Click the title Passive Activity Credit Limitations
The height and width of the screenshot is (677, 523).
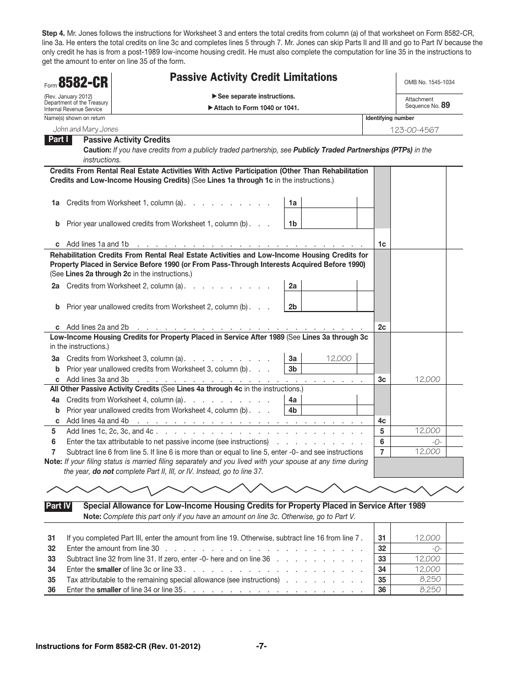click(x=253, y=78)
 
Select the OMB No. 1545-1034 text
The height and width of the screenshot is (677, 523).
click(x=429, y=83)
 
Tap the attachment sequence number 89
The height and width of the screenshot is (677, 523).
click(x=445, y=105)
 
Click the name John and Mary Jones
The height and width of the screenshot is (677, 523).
click(x=85, y=129)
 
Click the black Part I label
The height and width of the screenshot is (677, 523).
click(x=58, y=140)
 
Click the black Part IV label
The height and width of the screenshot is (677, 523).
click(x=58, y=506)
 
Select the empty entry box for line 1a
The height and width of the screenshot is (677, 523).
click(x=329, y=203)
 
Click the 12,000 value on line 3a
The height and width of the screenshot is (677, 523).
click(x=339, y=358)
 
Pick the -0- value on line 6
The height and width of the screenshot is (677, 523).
click(x=437, y=441)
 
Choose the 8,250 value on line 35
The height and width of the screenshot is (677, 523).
click(x=429, y=579)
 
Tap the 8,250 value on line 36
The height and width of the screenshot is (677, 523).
click(x=429, y=589)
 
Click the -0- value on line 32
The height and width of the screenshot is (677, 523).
click(x=437, y=548)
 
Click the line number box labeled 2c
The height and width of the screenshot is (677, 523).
click(x=382, y=327)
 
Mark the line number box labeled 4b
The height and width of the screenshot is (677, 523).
click(x=292, y=410)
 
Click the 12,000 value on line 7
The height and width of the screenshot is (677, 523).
click(x=428, y=451)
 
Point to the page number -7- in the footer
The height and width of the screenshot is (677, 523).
click(x=261, y=646)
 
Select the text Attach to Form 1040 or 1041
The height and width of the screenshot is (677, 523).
click(x=256, y=108)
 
